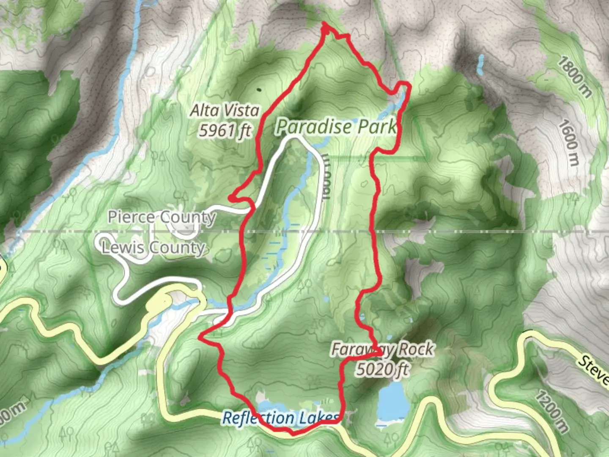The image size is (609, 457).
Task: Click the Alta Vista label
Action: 224,110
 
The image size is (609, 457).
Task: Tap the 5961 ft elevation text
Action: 225,131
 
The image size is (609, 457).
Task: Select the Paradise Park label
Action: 336,127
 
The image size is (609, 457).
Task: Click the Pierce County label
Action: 162,217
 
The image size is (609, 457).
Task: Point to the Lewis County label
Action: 153,247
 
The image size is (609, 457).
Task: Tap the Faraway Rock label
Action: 382,350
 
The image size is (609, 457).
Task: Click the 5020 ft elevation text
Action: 382,369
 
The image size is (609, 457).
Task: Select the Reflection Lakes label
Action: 281,418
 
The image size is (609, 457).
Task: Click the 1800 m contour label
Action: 574,77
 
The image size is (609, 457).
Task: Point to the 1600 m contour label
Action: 568,143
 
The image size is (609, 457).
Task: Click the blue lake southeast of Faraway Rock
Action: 391,400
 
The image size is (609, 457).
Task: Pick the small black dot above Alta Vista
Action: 258,90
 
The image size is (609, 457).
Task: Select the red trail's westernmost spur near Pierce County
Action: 231,197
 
